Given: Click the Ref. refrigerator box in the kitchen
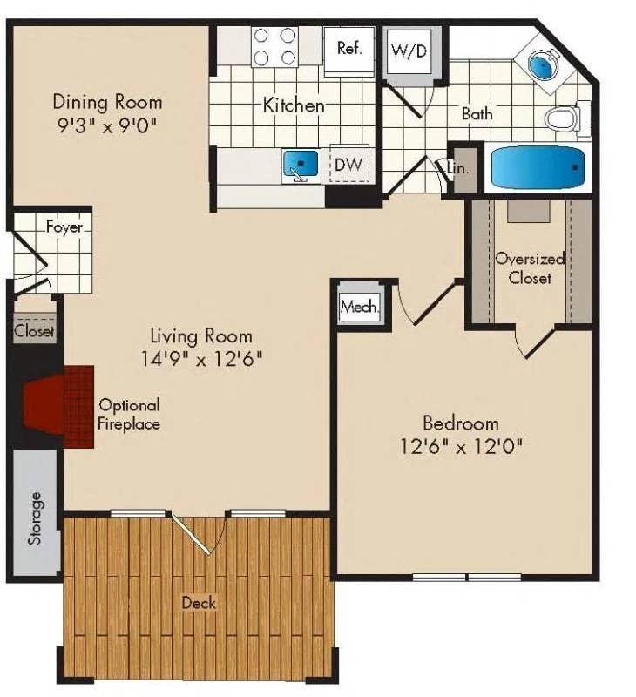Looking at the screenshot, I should click(349, 48).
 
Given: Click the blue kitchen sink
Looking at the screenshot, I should click(302, 164).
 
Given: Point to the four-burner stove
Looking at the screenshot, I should click(274, 47).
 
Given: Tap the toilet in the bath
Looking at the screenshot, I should click(564, 118).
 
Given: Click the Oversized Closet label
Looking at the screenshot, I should click(530, 268).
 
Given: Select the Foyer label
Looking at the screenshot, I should click(64, 227).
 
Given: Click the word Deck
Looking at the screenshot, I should click(199, 602).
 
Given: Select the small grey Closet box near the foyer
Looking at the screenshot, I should click(34, 331).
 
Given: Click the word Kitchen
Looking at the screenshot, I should click(294, 105).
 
